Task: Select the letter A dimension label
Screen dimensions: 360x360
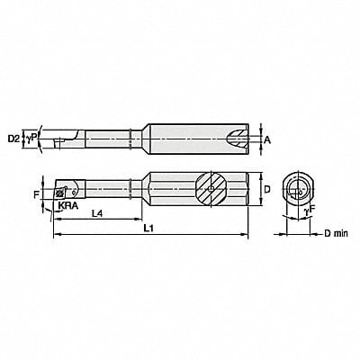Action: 267,139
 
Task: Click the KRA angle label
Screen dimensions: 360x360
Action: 66,206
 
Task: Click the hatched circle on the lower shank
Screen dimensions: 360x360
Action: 211,189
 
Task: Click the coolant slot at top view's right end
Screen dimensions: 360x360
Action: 236,139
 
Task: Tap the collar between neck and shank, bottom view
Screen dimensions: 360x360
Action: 132,189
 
